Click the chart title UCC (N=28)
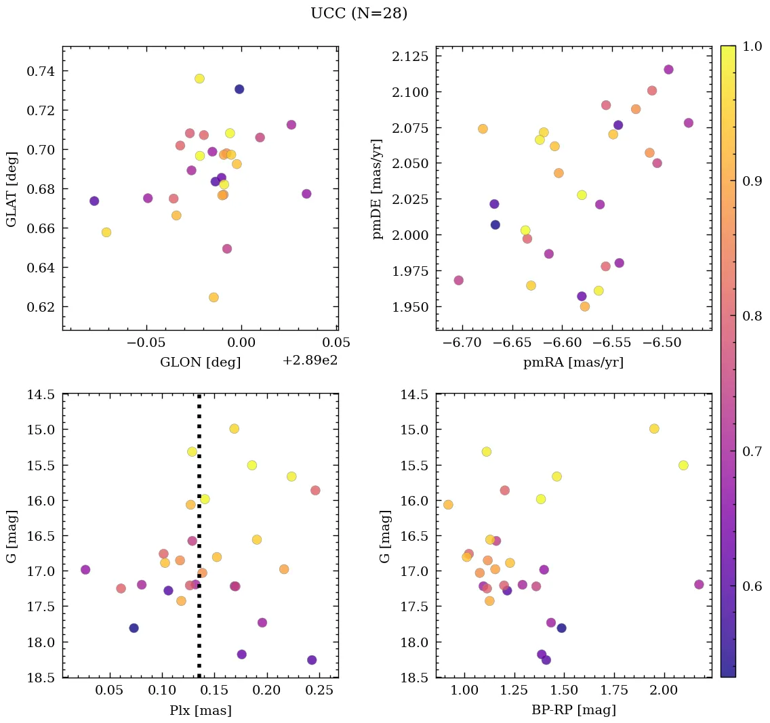[x=359, y=14]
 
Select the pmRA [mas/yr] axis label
[x=573, y=363]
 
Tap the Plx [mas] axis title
[x=200, y=710]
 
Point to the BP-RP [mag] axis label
[x=573, y=710]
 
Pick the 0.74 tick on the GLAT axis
[x=42, y=71]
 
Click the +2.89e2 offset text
[x=310, y=361]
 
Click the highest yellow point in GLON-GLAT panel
[x=199, y=79]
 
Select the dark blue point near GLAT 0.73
[x=239, y=89]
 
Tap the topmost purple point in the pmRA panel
[x=668, y=70]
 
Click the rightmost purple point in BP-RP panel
[x=699, y=584]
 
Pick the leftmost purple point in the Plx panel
[x=85, y=570]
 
